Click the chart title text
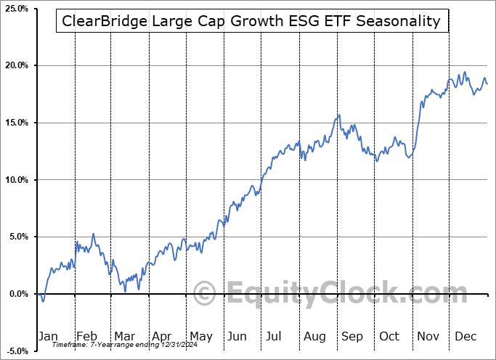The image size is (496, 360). (x=251, y=21)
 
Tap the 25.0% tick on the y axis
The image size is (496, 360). (x=17, y=9)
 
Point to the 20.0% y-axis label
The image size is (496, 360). (x=17, y=65)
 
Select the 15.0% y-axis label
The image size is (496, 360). (x=17, y=123)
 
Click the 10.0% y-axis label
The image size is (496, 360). (x=17, y=180)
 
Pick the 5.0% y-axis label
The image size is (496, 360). (x=18, y=237)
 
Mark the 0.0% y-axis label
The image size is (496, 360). (x=18, y=294)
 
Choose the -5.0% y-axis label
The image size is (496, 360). (x=17, y=351)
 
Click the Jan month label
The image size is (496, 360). (x=48, y=337)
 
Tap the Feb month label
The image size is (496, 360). (x=86, y=337)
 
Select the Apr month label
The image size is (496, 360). (x=162, y=337)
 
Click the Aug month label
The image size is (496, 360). (x=316, y=337)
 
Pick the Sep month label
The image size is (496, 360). (x=354, y=337)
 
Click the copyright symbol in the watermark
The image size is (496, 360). (x=206, y=294)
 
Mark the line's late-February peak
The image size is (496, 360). (x=93, y=234)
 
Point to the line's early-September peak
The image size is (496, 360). (x=338, y=115)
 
